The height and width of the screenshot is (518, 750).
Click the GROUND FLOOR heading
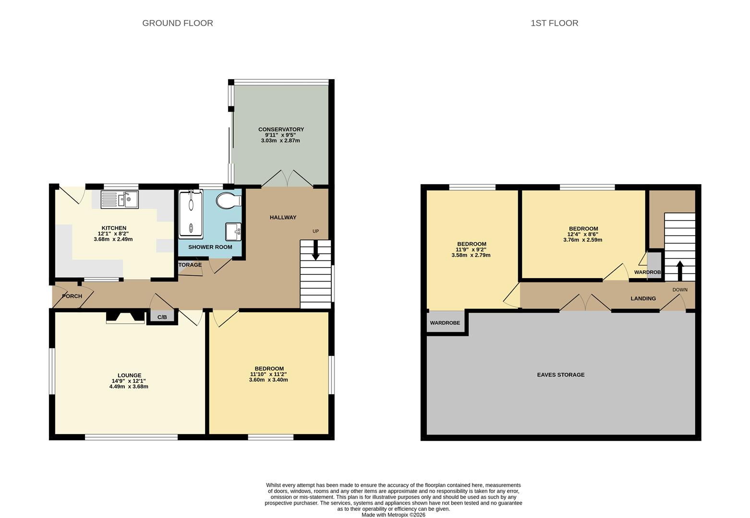[178, 23]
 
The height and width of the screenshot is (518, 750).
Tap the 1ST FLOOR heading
[554, 23]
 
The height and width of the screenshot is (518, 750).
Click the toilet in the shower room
[229, 200]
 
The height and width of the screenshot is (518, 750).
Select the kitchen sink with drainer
[120, 200]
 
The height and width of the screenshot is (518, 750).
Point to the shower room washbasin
[233, 231]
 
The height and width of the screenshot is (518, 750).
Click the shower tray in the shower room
[191, 214]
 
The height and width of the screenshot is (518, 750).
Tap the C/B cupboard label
[162, 317]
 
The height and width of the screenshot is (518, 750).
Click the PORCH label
[72, 296]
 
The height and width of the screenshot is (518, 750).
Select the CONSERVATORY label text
[281, 129]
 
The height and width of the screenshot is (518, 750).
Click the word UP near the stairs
[315, 231]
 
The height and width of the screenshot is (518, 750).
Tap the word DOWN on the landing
[680, 290]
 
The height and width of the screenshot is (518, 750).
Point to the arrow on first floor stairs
[680, 271]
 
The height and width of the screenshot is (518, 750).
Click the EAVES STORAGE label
[561, 375]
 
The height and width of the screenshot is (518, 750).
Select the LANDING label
[643, 298]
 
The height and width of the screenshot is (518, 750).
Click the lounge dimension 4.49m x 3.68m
[129, 387]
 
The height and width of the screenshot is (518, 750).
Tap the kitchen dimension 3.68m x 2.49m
[113, 239]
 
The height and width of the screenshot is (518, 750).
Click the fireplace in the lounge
[125, 318]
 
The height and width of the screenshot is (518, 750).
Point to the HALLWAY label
[283, 217]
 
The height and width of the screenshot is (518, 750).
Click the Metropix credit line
[393, 515]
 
